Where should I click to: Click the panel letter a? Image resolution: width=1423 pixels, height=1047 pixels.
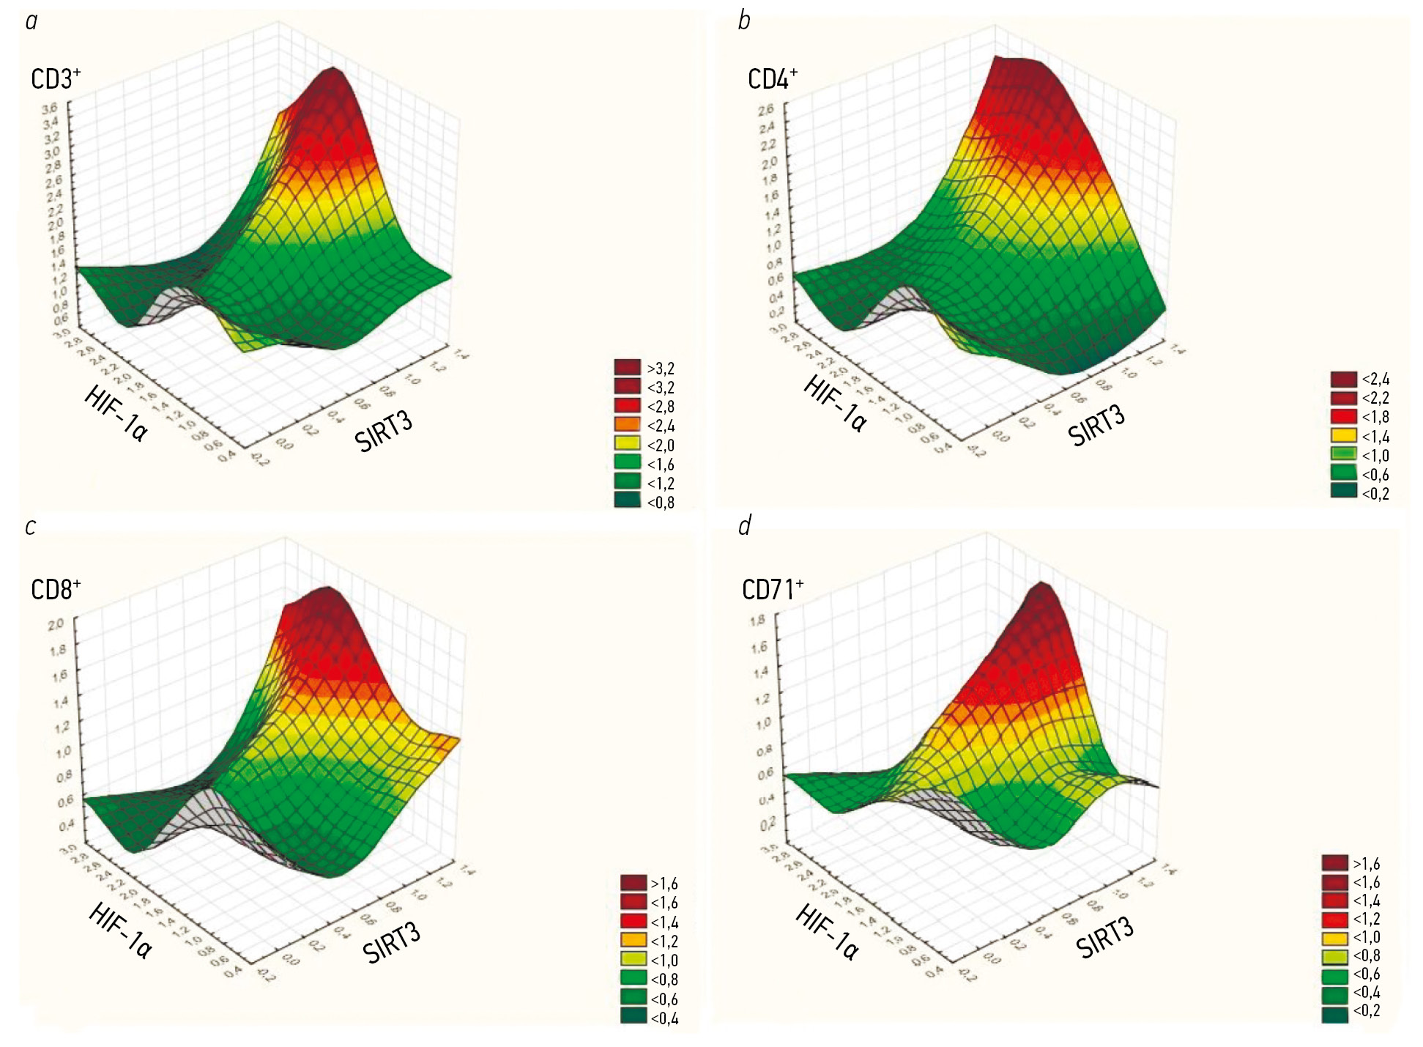31,21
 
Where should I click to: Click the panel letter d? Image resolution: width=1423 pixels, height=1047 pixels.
745,525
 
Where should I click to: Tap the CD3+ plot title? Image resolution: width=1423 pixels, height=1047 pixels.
55,78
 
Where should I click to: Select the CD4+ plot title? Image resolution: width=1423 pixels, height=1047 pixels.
772,78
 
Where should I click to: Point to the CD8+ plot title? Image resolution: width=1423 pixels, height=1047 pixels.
55,589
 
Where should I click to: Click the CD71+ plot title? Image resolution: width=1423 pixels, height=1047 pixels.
772,589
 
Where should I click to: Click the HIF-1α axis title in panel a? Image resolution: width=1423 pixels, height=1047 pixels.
116,414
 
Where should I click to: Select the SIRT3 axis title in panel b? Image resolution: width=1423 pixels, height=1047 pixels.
1096,426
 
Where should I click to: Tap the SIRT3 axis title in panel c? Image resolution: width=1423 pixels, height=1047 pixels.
392,943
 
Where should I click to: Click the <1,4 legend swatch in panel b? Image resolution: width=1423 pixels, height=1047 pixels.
1344,436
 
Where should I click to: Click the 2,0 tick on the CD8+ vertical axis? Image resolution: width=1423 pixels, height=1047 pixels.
56,624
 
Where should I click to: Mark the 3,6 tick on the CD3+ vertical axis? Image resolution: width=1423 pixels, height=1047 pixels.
50,108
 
